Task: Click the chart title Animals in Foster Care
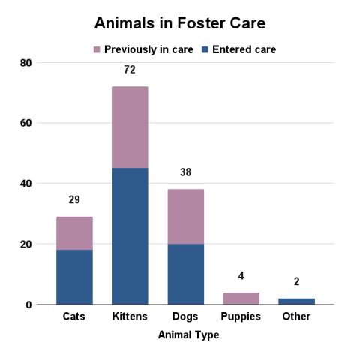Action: (180, 23)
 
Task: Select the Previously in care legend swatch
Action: (96, 50)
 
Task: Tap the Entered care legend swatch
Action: (204, 50)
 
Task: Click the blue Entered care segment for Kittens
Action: (130, 236)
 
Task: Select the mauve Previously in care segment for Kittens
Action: (130, 127)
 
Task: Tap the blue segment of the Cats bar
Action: (74, 277)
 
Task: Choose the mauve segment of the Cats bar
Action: (74, 233)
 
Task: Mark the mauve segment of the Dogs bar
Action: (185, 217)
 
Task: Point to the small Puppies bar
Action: (241, 298)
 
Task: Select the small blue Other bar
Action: (296, 301)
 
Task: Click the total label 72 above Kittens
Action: (130, 70)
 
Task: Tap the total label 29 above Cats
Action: (74, 200)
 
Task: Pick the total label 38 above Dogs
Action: (185, 173)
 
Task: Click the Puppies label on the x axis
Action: (241, 316)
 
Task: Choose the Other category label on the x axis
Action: (296, 316)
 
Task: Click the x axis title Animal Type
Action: (188, 335)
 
